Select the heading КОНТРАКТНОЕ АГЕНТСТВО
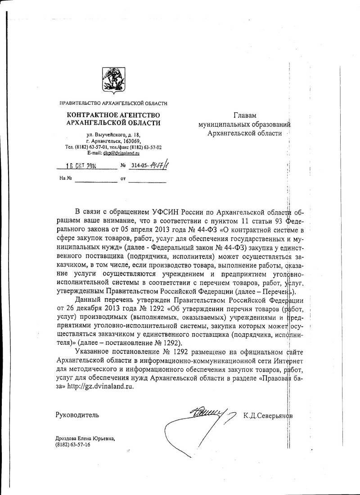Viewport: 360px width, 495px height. tap(113, 115)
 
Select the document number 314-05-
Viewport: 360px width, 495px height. tap(141, 166)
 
